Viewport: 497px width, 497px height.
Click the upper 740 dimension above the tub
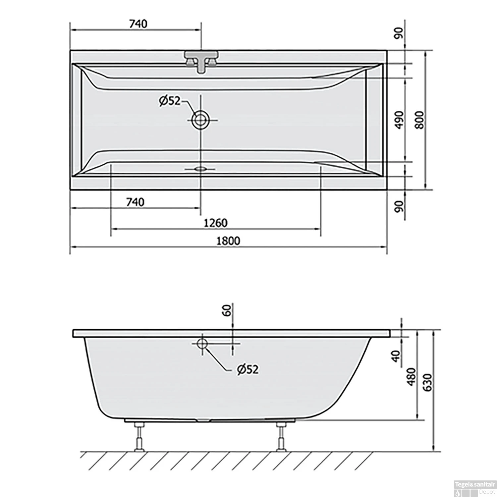point(138,24)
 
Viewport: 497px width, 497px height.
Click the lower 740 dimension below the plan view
point(135,202)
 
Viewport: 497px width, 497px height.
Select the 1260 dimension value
point(215,223)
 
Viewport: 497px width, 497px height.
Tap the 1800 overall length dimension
point(228,241)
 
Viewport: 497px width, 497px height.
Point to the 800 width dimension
point(419,120)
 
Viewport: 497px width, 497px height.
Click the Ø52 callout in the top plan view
point(169,101)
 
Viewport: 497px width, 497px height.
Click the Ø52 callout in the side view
point(247,369)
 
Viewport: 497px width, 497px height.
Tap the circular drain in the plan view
point(200,120)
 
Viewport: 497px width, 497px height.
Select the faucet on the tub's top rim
point(201,61)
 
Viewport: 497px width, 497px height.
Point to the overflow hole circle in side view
point(202,344)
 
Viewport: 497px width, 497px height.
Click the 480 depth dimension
point(411,377)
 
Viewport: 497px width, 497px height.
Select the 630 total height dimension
point(428,383)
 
